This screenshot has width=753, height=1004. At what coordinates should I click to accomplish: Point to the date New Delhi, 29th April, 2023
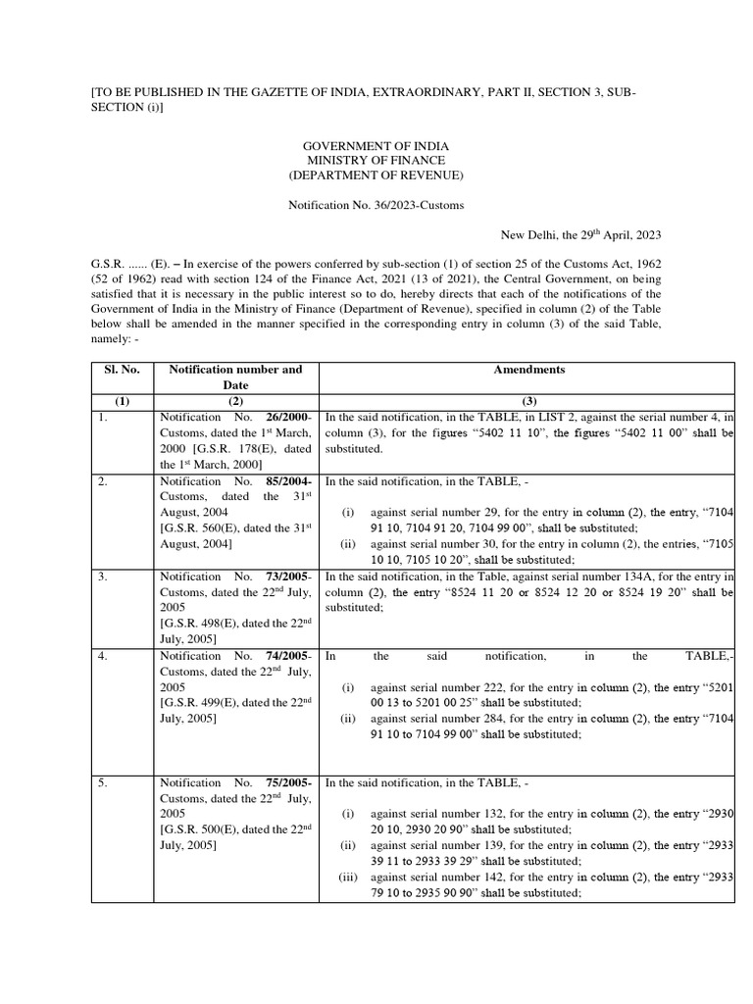pos(581,234)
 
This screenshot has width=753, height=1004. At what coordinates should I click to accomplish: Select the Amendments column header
pos(527,370)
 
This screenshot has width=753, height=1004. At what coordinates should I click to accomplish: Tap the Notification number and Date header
pos(236,377)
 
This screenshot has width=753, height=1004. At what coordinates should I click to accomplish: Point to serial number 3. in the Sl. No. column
pos(103,577)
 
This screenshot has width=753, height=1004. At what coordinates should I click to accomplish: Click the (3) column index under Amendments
pos(527,401)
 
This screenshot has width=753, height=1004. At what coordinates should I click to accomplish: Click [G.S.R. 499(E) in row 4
pos(200,703)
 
